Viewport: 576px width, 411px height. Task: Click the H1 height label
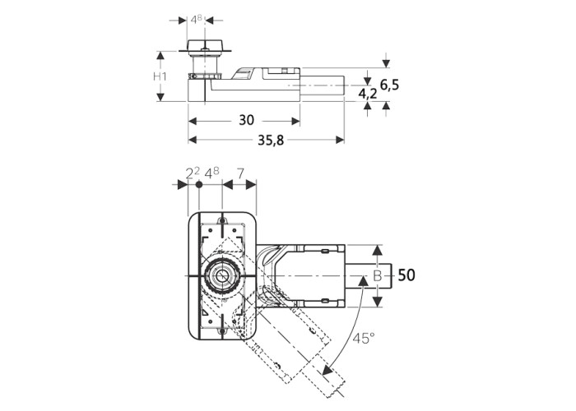[160, 76]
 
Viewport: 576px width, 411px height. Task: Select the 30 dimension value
[246, 120]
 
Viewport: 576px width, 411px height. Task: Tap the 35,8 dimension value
[271, 140]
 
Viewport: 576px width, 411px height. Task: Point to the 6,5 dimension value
[389, 85]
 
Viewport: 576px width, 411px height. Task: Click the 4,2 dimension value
[368, 94]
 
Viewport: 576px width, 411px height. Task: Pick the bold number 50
[406, 275]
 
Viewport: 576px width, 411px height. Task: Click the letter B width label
[377, 276]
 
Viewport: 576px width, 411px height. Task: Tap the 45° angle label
[364, 339]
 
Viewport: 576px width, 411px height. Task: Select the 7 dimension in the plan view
[240, 173]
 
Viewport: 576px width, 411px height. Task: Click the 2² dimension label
[193, 173]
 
